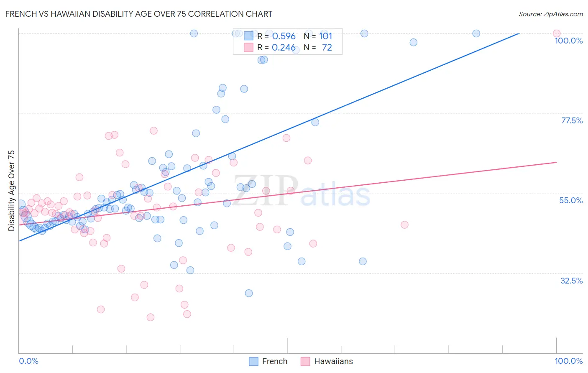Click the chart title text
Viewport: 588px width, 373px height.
pyautogui.click(x=139, y=14)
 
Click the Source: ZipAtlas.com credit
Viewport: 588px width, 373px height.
pyautogui.click(x=550, y=14)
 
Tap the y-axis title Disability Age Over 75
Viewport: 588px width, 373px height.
pyautogui.click(x=11, y=190)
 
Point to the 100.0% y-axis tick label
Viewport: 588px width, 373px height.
pyautogui.click(x=568, y=41)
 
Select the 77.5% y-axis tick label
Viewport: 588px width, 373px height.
pyautogui.click(x=572, y=120)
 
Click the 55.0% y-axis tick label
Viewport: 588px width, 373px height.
pyautogui.click(x=571, y=200)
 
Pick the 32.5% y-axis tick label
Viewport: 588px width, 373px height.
pyautogui.click(x=571, y=281)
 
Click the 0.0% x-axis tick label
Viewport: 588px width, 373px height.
pyautogui.click(x=28, y=361)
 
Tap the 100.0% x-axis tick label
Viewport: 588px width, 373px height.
pyautogui.click(x=568, y=361)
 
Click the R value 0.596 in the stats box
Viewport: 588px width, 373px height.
pyautogui.click(x=284, y=36)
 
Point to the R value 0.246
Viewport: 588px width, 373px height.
pyautogui.click(x=284, y=48)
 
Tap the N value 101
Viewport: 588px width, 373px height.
pyautogui.click(x=325, y=36)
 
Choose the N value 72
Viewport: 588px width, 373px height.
pyautogui.click(x=327, y=48)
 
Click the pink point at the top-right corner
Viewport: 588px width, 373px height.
pyautogui.click(x=556, y=33)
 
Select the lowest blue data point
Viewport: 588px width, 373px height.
pyautogui.click(x=249, y=293)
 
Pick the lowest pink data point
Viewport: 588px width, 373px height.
pyautogui.click(x=151, y=317)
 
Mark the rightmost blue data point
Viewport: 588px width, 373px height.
pyautogui.click(x=476, y=33)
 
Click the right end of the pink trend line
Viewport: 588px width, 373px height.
pyautogui.click(x=557, y=162)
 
